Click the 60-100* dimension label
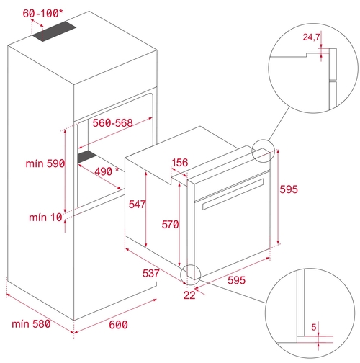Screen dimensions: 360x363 [x=42, y=14]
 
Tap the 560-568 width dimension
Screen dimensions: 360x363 [x=112, y=123]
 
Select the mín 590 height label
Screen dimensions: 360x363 [x=45, y=163]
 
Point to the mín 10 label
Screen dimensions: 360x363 [x=45, y=218]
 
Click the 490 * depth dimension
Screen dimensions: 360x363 [x=107, y=171]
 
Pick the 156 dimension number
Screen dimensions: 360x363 [x=180, y=163]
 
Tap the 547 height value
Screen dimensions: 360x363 [x=137, y=205]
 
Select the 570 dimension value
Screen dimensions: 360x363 [x=170, y=225]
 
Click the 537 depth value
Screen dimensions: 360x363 [x=151, y=274]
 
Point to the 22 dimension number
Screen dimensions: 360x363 [x=189, y=295]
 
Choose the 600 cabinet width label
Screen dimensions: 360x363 [x=118, y=325]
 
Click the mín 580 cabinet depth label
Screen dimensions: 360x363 [x=31, y=324]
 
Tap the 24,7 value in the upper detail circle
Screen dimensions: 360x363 [x=311, y=37]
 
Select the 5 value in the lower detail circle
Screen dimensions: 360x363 [x=314, y=327]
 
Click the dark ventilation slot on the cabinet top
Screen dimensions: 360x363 [x=55, y=32]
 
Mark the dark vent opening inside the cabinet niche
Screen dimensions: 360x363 [x=87, y=157]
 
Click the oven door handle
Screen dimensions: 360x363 [x=233, y=194]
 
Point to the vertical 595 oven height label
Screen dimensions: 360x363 [x=289, y=189]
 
